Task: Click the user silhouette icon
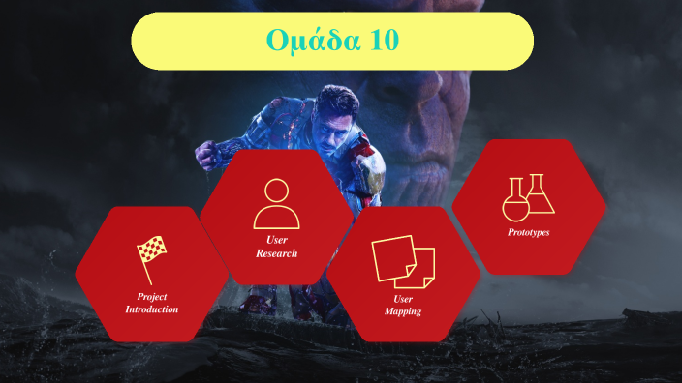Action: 276,203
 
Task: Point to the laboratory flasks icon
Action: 528,197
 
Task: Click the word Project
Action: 152,296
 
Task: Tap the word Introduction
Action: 152,309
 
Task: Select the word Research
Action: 276,253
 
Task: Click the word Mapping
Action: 403,311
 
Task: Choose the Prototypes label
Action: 529,232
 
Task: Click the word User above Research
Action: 276,240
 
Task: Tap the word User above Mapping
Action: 403,299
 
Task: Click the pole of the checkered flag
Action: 147,268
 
